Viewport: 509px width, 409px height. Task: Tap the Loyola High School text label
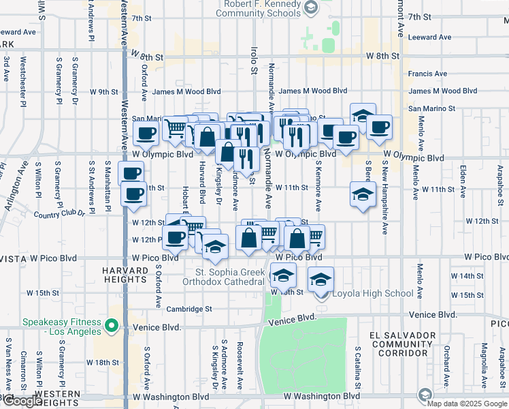[x=372, y=294]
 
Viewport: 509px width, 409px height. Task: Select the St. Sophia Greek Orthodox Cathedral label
[x=225, y=276]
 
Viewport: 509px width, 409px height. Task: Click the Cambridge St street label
[x=189, y=309]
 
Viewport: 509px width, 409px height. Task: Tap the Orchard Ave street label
[x=447, y=363]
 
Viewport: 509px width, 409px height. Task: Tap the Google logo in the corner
[x=22, y=402]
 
